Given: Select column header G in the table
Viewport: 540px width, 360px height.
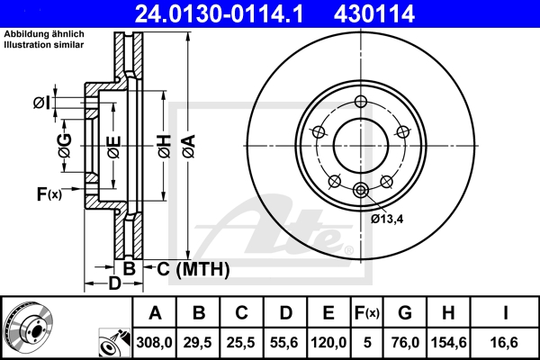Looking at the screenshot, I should tap(405, 312).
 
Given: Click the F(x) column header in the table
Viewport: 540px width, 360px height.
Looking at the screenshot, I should tap(367, 312).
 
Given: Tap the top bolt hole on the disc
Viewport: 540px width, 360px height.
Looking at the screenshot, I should tap(361, 101).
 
